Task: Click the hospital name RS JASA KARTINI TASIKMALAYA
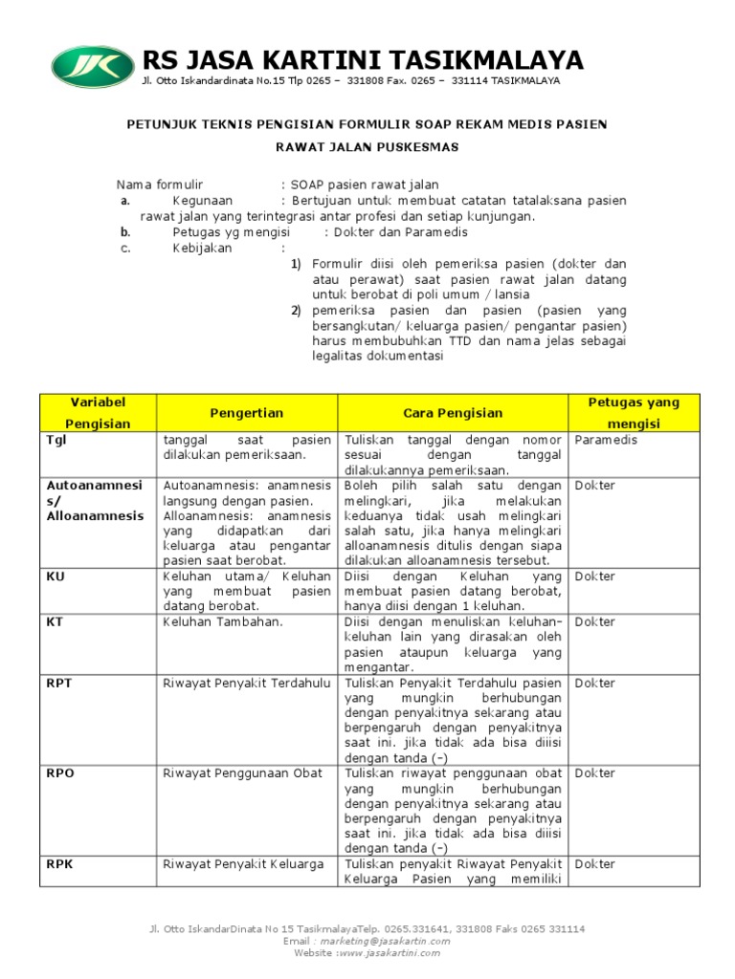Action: (x=362, y=59)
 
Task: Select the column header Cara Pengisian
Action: (x=453, y=413)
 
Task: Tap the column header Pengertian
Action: (x=247, y=413)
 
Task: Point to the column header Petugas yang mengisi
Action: (x=635, y=412)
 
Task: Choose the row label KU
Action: (x=56, y=577)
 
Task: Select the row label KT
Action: (x=56, y=621)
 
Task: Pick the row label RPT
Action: (x=59, y=683)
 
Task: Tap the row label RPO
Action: (x=60, y=773)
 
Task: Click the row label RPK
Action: (x=59, y=864)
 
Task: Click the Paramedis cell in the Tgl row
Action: (x=606, y=440)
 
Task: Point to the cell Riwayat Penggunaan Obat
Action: (x=243, y=773)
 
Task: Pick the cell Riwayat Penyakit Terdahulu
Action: (x=247, y=683)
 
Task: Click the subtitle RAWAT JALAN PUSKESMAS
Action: (x=367, y=147)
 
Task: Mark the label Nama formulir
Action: (x=160, y=184)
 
